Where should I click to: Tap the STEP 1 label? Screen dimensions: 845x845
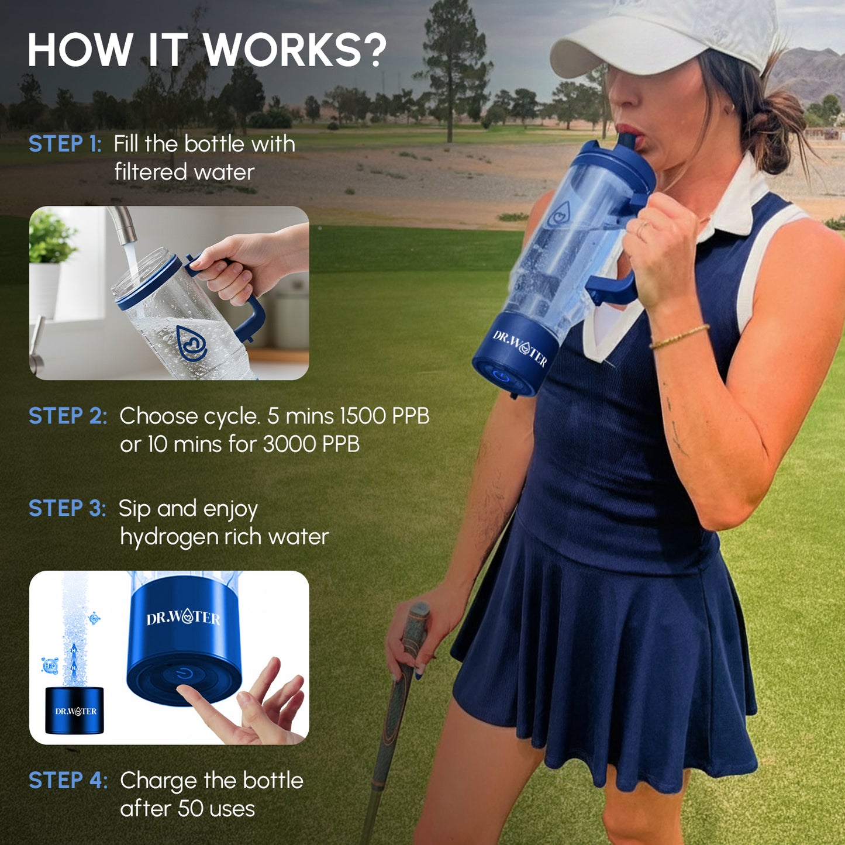pyautogui.click(x=65, y=144)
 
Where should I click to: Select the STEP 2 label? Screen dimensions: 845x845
pyautogui.click(x=68, y=416)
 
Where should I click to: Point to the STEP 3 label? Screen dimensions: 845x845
pyautogui.click(x=67, y=508)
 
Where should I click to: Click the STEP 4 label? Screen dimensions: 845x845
pyautogui.click(x=68, y=780)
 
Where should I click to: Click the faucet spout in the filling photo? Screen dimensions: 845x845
pyautogui.click(x=122, y=225)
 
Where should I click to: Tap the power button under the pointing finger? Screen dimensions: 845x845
pyautogui.click(x=184, y=674)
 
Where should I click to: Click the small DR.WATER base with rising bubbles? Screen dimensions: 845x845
pyautogui.click(x=75, y=711)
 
